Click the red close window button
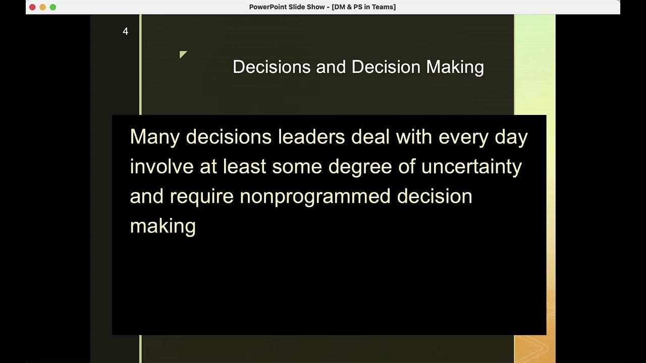pos(33,7)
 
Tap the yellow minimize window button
pos(43,7)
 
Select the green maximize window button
pos(53,7)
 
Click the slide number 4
pos(126,32)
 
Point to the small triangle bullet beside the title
pos(183,54)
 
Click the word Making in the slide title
pos(455,67)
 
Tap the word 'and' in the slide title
pos(331,67)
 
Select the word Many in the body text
pos(154,137)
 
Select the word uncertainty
pos(471,166)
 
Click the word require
pos(201,197)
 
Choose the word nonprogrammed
pos(315,197)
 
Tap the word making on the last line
pos(163,226)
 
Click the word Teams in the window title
pos(383,7)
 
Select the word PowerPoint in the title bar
pos(270,7)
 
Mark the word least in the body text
pos(244,166)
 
